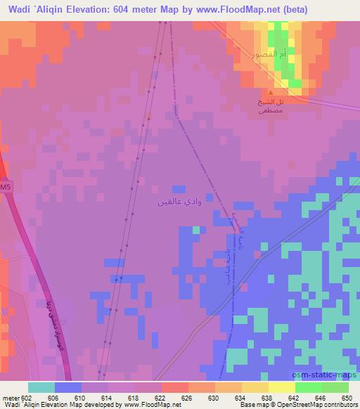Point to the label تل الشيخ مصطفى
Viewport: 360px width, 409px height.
pos(271,106)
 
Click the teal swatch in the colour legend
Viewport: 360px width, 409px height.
pos(41,387)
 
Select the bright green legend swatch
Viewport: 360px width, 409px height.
pos(309,387)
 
